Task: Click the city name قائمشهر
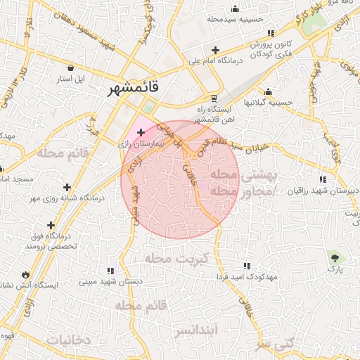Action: pyautogui.click(x=134, y=89)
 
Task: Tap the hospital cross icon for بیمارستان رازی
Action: pyautogui.click(x=141, y=131)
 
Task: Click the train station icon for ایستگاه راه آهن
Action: pyautogui.click(x=214, y=98)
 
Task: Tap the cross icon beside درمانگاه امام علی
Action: pyautogui.click(x=215, y=50)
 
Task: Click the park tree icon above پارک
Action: pyautogui.click(x=335, y=257)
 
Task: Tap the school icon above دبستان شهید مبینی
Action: pyautogui.click(x=110, y=270)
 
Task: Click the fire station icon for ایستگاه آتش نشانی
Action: pyautogui.click(x=26, y=274)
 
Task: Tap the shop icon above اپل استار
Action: pyautogui.click(x=71, y=68)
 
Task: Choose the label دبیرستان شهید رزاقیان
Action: pyautogui.click(x=321, y=191)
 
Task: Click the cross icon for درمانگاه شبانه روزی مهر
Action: pyautogui.click(x=67, y=187)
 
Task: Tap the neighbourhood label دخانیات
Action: pyautogui.click(x=68, y=340)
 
